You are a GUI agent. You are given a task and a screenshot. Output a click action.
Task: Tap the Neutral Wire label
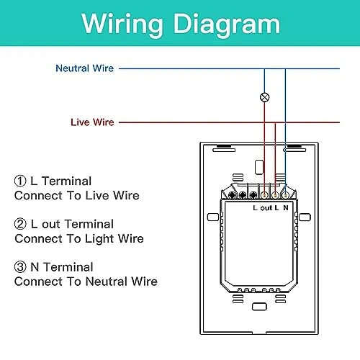[84, 68]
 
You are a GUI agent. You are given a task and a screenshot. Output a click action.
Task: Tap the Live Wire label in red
[91, 122]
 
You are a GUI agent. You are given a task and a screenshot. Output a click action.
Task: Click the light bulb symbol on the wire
[264, 96]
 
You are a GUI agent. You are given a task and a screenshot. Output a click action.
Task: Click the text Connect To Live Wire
[76, 195]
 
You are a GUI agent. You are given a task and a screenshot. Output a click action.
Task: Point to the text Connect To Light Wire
[78, 238]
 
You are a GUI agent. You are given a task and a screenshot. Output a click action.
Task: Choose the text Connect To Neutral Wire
[86, 282]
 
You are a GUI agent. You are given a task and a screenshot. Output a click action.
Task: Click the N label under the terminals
[286, 208]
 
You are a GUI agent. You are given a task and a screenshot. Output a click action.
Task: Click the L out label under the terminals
[264, 208]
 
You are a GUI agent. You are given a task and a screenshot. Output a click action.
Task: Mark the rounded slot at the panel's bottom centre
[259, 307]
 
